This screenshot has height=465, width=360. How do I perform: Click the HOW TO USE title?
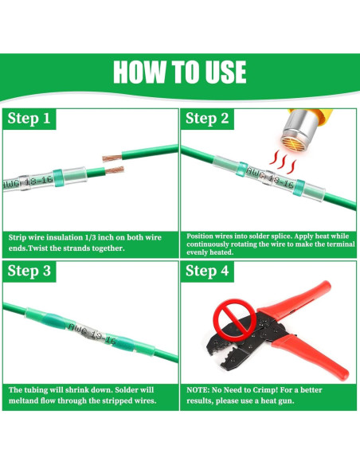click(180, 72)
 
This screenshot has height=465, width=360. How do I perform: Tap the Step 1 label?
click(29, 118)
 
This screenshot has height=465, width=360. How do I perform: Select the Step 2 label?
click(207, 118)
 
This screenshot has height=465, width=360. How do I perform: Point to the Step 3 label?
click(29, 271)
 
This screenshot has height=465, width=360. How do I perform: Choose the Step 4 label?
click(207, 271)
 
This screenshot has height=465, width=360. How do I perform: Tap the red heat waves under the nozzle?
click(283, 162)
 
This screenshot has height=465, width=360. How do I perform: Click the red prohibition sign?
click(235, 320)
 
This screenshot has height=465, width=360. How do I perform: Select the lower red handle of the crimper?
click(311, 356)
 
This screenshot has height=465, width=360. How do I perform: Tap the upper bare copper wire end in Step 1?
click(112, 158)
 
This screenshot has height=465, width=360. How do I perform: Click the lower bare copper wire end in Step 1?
click(115, 170)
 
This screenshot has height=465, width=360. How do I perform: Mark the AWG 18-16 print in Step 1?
click(28, 182)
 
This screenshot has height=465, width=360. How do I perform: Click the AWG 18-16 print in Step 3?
click(92, 334)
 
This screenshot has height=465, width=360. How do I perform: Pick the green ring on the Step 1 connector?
click(58, 178)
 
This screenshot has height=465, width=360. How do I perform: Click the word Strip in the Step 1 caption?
click(17, 237)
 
